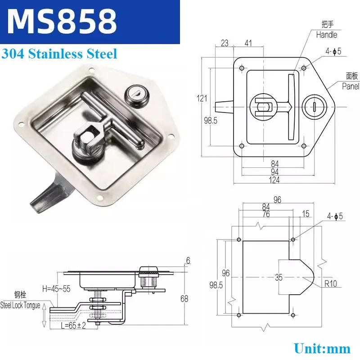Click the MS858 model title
(x=62, y=22)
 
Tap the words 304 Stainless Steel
(x=59, y=54)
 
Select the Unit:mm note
(x=322, y=348)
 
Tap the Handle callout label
(x=327, y=35)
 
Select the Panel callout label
(x=351, y=86)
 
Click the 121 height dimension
(x=202, y=98)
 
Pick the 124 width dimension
(x=274, y=180)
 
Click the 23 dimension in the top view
(x=225, y=43)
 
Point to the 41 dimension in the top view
(x=248, y=43)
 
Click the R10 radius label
(x=331, y=284)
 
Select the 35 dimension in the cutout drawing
(x=279, y=277)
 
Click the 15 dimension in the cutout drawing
(x=306, y=214)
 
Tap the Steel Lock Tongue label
(x=20, y=306)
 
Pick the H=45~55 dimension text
(x=56, y=288)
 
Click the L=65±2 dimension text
(x=73, y=325)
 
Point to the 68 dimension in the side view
(x=184, y=299)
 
